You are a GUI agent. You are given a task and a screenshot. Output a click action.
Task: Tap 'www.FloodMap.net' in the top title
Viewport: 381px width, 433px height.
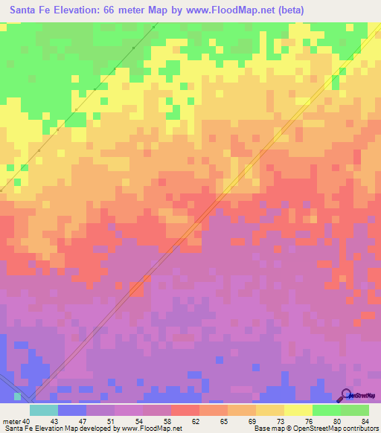click(228, 11)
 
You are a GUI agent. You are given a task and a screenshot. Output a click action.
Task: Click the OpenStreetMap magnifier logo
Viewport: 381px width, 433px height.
click(347, 394)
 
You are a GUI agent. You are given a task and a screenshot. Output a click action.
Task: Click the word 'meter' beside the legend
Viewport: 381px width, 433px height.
click(10, 420)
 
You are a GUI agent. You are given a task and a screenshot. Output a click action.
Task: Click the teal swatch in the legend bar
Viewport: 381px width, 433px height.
click(43, 410)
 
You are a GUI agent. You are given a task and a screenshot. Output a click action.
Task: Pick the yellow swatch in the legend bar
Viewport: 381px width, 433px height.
click(298, 410)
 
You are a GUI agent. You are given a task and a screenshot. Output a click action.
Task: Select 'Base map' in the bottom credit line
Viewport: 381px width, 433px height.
click(266, 429)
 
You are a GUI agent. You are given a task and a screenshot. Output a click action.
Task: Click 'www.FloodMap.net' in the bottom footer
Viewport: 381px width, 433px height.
click(153, 429)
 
